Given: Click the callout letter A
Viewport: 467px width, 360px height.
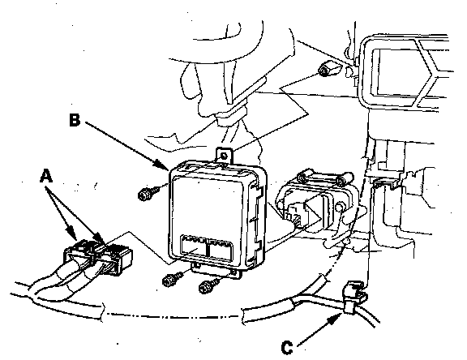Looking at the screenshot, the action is pyautogui.click(x=46, y=176).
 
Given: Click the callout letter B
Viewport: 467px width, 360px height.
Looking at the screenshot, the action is pyautogui.click(x=75, y=120).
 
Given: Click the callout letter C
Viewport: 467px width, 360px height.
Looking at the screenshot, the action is pyautogui.click(x=287, y=348).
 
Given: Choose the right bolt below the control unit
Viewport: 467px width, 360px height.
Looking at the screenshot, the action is pyautogui.click(x=208, y=286).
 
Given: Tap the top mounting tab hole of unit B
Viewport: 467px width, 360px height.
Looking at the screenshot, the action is pyautogui.click(x=225, y=156).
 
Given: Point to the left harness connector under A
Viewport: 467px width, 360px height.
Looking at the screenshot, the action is pyautogui.click(x=78, y=254).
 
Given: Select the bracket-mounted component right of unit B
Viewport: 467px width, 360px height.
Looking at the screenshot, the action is pyautogui.click(x=315, y=205).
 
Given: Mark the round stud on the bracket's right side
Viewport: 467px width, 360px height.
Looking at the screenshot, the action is pyautogui.click(x=341, y=207).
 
